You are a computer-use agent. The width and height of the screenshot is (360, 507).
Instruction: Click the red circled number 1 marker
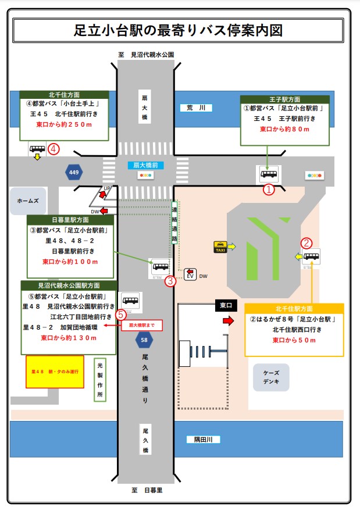(x=269, y=190)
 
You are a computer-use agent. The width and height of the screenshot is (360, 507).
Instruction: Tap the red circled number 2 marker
(x=306, y=243)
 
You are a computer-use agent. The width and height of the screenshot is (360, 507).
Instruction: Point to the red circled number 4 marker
(x=54, y=149)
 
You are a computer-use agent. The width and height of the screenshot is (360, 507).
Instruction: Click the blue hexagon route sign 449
(x=74, y=172)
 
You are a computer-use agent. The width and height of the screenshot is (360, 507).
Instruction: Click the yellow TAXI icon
(x=220, y=247)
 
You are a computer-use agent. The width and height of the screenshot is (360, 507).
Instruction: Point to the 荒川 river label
(x=193, y=108)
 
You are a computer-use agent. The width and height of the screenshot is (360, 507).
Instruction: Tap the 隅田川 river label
(x=203, y=440)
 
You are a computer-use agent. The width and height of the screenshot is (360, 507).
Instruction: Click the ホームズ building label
(x=27, y=200)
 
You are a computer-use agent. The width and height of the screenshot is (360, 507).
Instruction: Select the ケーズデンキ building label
(x=271, y=377)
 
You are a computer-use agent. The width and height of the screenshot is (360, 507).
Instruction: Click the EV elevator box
(x=190, y=274)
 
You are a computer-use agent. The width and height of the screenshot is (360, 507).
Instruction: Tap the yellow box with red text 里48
(x=55, y=371)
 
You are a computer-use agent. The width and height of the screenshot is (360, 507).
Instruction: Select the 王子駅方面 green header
(x=284, y=99)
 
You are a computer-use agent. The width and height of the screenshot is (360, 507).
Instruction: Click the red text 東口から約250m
(x=63, y=124)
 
